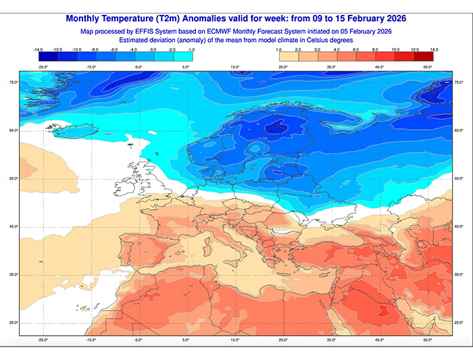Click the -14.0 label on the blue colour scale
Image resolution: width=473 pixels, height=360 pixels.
pos(37,49)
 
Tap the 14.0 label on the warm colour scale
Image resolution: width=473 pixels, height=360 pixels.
pos(433,49)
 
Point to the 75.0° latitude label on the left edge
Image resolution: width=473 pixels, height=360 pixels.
pos(13,82)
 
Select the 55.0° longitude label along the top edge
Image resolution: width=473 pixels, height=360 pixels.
pos(428,68)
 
